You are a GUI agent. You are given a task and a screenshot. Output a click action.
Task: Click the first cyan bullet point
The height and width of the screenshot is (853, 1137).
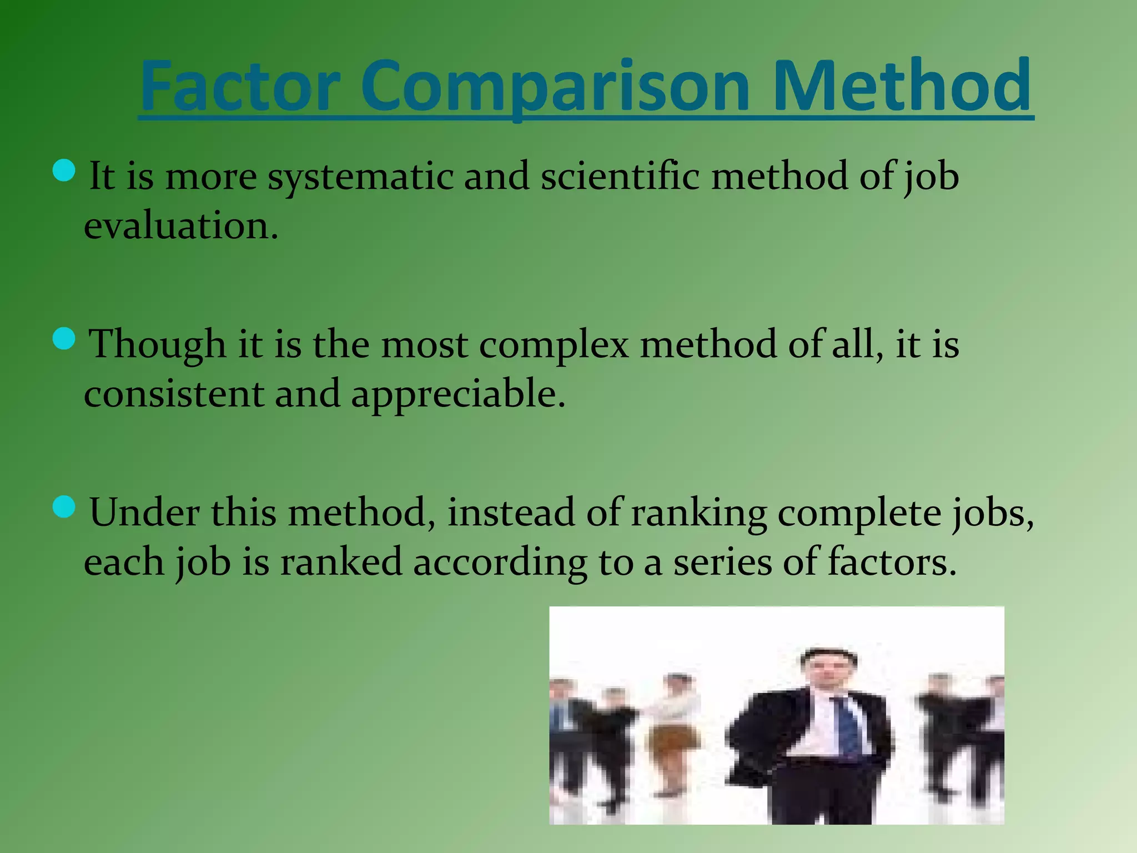click(64, 170)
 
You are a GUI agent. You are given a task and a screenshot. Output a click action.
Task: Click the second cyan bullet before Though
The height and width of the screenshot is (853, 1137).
click(64, 339)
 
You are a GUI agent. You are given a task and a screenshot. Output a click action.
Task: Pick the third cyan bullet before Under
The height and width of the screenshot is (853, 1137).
click(64, 507)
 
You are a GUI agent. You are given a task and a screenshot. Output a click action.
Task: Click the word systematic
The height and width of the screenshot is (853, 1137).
click(360, 177)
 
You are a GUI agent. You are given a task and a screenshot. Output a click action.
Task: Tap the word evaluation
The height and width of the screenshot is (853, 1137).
click(180, 226)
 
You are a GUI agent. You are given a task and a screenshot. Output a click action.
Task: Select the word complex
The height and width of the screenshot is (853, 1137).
click(554, 345)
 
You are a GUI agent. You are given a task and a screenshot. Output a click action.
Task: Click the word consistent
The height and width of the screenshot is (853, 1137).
click(174, 394)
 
